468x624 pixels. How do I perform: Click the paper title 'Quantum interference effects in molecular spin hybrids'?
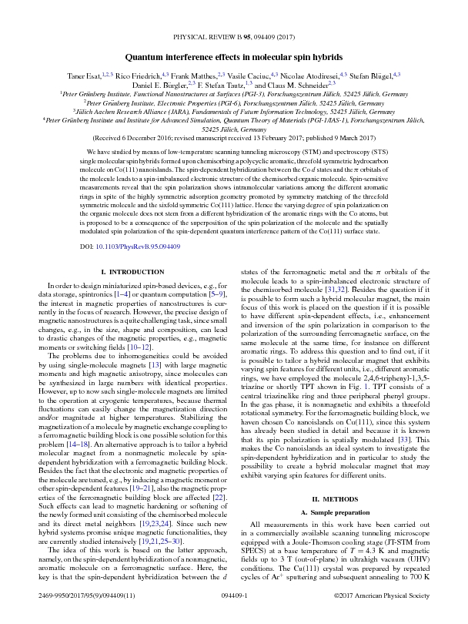point(234,56)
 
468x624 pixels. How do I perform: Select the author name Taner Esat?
point(83,77)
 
